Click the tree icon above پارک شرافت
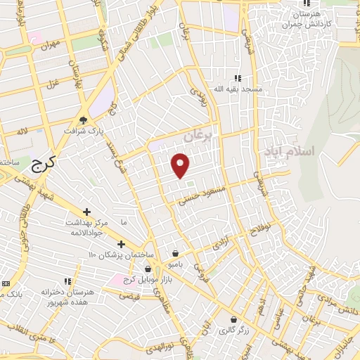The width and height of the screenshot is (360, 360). (x=84, y=120)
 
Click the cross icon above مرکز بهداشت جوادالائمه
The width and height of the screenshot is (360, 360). (x=86, y=211)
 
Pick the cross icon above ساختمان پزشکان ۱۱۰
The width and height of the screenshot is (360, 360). (x=121, y=244)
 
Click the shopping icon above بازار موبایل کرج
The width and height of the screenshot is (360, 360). (x=148, y=269)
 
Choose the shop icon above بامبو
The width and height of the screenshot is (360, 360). (x=175, y=253)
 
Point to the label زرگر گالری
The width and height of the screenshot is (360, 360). (x=232, y=330)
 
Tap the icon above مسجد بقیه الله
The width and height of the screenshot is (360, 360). (x=238, y=78)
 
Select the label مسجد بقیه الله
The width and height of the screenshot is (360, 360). (x=238, y=89)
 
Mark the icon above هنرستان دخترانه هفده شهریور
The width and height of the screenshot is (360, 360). (x=67, y=281)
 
